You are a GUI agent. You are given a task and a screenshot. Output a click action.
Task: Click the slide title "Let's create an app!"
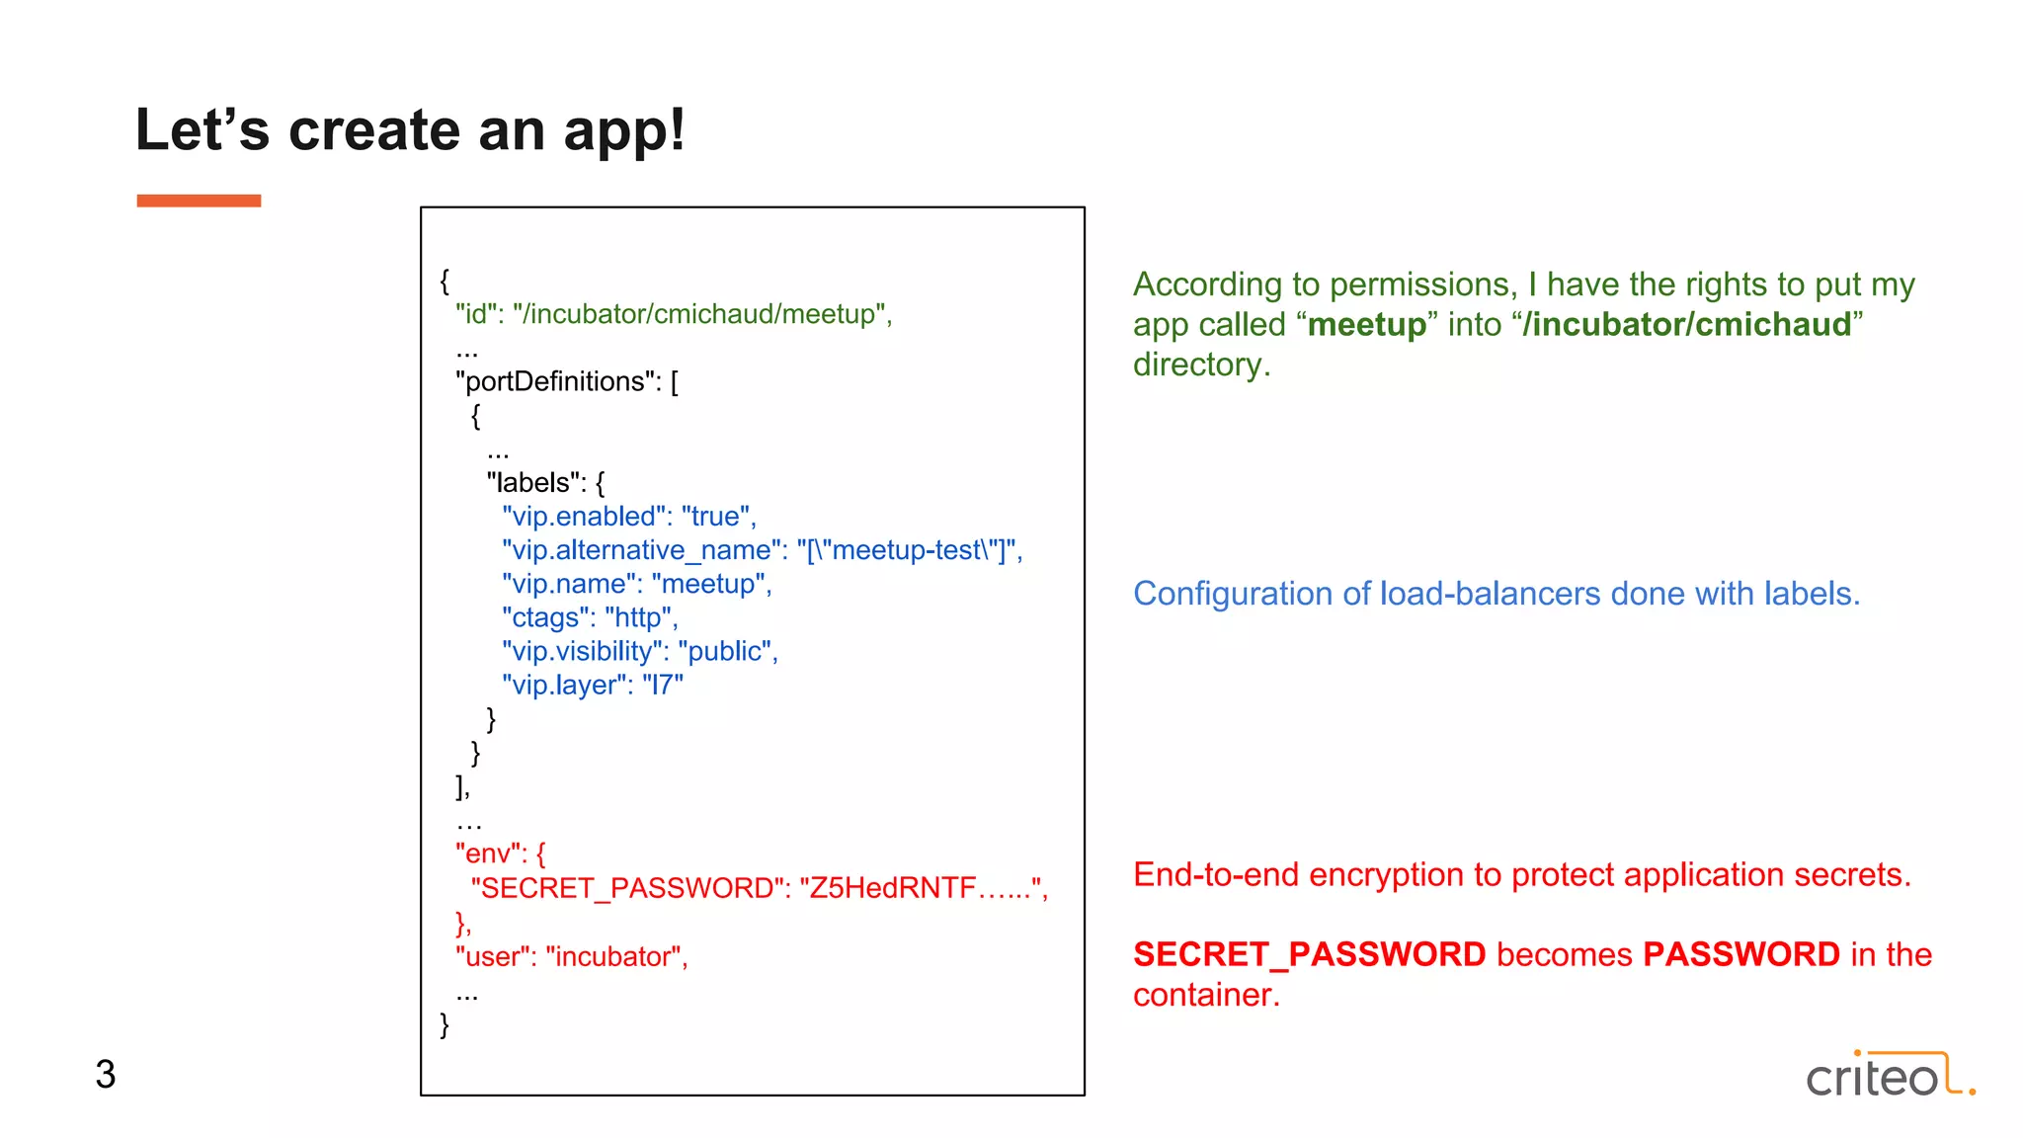click(x=410, y=130)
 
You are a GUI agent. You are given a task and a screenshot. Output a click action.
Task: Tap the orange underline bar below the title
click(x=199, y=201)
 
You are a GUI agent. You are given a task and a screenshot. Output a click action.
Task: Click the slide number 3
click(x=106, y=1075)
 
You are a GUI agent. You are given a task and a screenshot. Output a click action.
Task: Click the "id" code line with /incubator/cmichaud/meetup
click(x=673, y=314)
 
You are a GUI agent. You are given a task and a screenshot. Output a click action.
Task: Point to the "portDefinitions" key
click(x=557, y=381)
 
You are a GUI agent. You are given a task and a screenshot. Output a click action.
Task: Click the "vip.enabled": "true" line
click(x=628, y=517)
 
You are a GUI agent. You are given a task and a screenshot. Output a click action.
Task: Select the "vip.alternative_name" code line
click(x=762, y=550)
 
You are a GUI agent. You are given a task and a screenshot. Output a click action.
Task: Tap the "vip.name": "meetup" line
click(x=636, y=584)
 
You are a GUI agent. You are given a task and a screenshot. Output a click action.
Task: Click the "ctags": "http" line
click(x=590, y=617)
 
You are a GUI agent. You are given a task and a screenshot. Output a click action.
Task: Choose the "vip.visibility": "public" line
click(x=639, y=651)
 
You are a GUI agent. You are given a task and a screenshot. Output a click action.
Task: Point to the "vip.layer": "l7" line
click(x=592, y=685)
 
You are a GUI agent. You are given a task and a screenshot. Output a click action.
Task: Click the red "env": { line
click(x=500, y=853)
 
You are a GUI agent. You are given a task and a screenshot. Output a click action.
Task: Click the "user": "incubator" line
click(x=571, y=956)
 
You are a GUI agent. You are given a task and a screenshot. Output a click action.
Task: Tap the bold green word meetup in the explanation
click(x=1366, y=325)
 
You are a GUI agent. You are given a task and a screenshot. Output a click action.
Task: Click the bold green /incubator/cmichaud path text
click(x=1686, y=325)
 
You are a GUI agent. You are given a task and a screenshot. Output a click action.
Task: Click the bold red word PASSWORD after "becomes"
click(x=1740, y=954)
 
